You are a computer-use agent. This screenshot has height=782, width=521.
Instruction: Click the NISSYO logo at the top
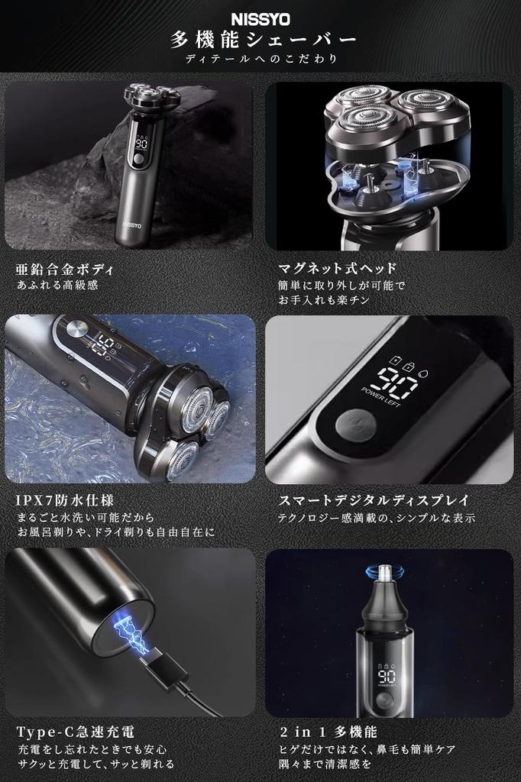coord(260,17)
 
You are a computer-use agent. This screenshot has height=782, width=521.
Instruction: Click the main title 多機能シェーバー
coord(260,39)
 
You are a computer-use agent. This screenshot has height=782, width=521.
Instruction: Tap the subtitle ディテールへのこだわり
coord(260,58)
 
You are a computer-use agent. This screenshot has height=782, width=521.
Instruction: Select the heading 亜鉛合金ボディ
coord(66,269)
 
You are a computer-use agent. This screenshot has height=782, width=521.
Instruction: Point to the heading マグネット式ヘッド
coord(337,269)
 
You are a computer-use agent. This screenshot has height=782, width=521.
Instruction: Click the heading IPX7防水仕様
coord(65,501)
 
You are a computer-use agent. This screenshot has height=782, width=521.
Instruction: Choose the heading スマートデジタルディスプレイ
coord(374,501)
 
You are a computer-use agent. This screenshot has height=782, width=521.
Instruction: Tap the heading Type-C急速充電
coord(76,732)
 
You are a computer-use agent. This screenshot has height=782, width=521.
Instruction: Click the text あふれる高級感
coord(58,286)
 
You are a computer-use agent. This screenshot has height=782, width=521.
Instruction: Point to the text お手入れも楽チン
coord(323,302)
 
